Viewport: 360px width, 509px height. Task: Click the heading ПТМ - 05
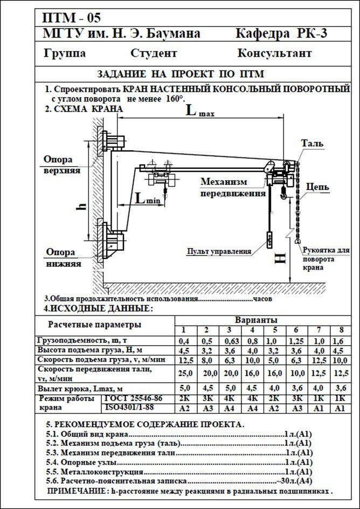point(71,18)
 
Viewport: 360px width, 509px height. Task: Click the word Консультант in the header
point(274,53)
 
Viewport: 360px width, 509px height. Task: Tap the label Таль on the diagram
point(312,143)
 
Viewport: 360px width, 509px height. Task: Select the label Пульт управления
point(219,251)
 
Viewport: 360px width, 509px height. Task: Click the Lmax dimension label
point(200,112)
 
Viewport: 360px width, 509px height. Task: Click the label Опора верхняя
point(62,165)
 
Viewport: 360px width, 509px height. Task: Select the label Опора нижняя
point(63,258)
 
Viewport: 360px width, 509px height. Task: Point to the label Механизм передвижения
point(233,187)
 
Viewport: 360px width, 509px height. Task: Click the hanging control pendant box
point(269,239)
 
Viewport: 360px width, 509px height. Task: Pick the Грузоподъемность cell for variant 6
point(296,341)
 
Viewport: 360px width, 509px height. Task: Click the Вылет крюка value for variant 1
point(184,388)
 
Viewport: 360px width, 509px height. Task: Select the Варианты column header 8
point(340,330)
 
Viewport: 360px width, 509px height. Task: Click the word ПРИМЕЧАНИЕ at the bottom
point(75,492)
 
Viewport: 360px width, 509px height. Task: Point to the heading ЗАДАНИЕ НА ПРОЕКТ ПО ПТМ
point(180,74)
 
